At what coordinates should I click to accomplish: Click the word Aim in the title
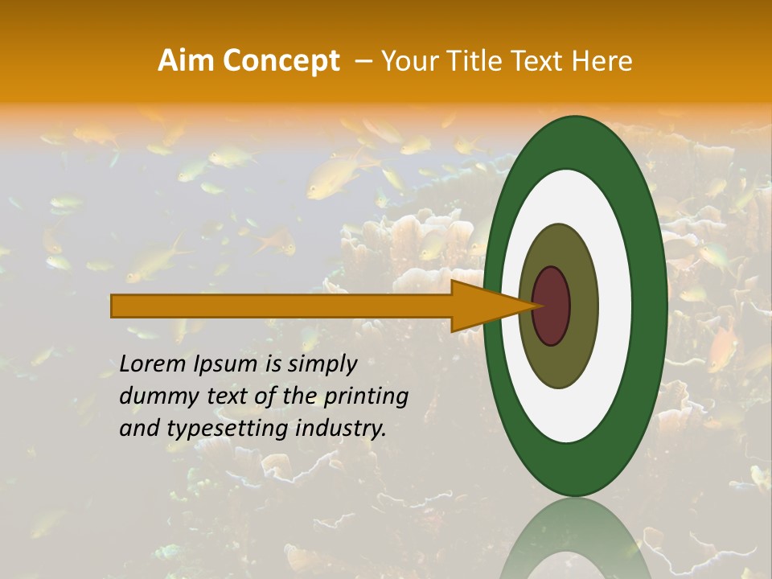[186, 61]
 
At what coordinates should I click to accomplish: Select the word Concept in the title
[281, 61]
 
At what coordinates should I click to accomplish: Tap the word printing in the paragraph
[365, 397]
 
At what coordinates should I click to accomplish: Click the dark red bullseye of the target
[551, 306]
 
